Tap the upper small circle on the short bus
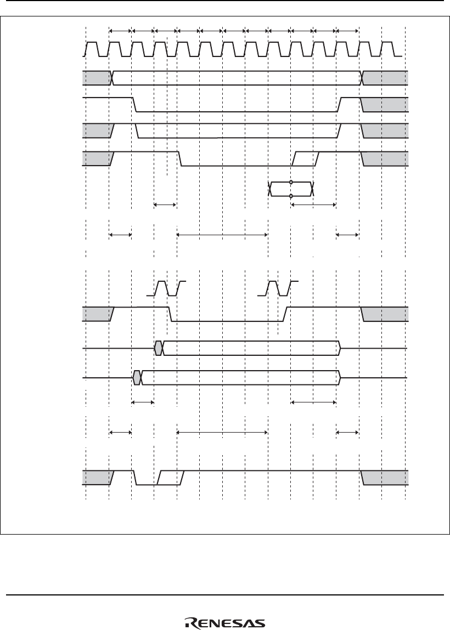291,183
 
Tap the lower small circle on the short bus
291,196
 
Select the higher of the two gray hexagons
159,348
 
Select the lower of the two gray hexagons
137,378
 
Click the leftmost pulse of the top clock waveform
92,49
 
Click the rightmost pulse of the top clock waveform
387,49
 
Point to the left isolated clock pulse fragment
166,288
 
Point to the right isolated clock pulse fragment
278,288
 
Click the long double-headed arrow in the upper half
222,235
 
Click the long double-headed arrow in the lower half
222,432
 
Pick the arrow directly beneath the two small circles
313,205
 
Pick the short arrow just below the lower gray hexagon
143,402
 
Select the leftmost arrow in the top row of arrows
120,31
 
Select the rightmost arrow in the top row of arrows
347,31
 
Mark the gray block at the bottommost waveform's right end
385,478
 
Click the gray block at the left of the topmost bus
97,77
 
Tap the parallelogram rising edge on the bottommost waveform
171,478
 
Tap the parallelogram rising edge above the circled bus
305,158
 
